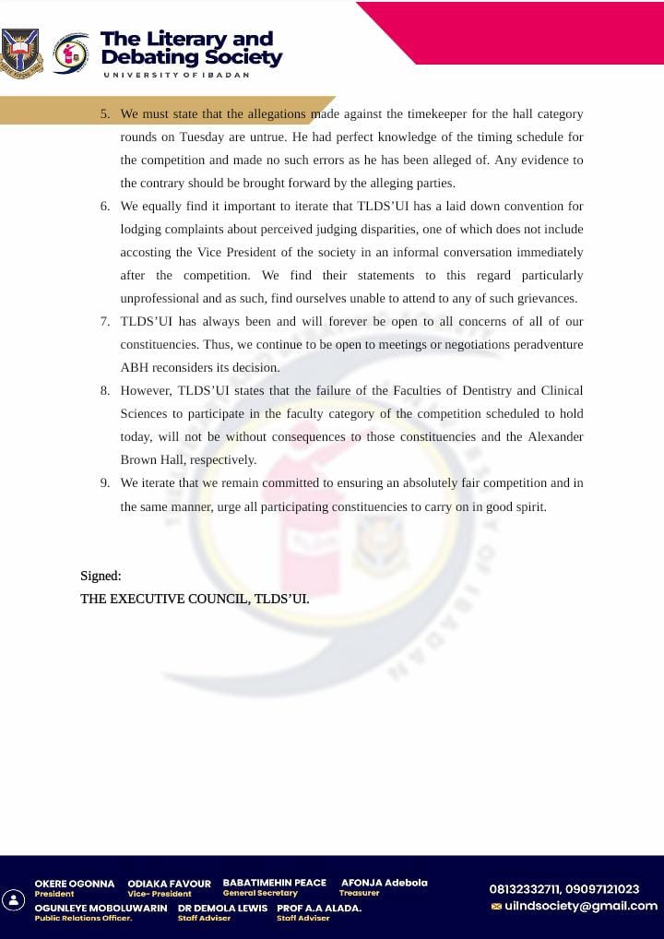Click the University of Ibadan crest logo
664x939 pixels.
(x=20, y=53)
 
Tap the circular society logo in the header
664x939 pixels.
(x=72, y=53)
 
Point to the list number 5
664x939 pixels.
(x=105, y=114)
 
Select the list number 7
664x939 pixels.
(x=105, y=322)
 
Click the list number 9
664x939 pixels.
(x=105, y=483)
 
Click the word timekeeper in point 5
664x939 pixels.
(x=418, y=114)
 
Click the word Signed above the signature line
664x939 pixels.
(x=101, y=576)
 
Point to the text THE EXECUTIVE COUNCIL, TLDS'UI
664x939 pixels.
(x=195, y=599)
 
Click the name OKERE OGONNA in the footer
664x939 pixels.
(x=75, y=884)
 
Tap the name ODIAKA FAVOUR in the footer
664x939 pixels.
(x=169, y=884)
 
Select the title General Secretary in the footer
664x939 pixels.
(x=260, y=893)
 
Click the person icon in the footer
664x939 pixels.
(x=14, y=900)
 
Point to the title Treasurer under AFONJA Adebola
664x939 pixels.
(x=359, y=893)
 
